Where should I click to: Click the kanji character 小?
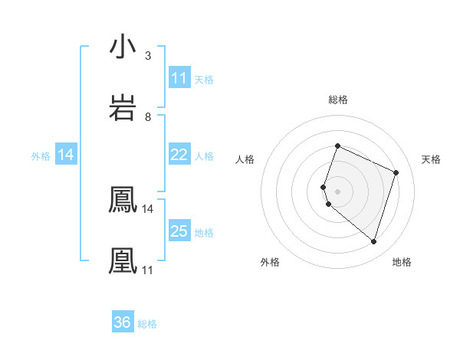tap(123, 47)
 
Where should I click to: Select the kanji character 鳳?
tap(123, 201)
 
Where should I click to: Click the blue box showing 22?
tap(179, 155)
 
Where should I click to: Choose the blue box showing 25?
tap(179, 231)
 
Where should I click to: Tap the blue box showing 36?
tap(123, 322)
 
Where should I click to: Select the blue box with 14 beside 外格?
tap(66, 155)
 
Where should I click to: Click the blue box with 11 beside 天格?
tap(179, 78)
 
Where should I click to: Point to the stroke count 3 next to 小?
tap(147, 56)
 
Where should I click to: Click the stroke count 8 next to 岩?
tap(147, 116)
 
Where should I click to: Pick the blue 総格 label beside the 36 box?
tap(148, 324)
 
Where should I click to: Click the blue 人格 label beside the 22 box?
tap(204, 155)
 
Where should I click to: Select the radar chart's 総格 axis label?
tap(337, 100)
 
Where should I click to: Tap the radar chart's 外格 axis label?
tap(270, 262)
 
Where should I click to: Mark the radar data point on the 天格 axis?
tap(396, 172)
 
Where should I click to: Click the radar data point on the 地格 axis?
tap(374, 241)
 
